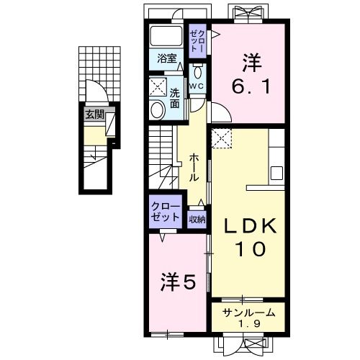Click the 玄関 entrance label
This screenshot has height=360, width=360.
tap(94, 114)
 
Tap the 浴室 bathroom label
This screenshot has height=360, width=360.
tap(167, 59)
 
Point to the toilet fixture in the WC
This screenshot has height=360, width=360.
tap(197, 73)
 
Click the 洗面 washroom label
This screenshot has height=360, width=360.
tap(175, 98)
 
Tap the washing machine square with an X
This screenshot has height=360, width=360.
tap(158, 88)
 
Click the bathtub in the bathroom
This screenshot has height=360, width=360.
tap(167, 37)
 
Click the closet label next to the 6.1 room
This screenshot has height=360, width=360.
tap(197, 39)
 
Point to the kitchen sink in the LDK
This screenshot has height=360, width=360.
tap(276, 173)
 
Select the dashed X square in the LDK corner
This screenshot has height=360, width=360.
tap(222, 137)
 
